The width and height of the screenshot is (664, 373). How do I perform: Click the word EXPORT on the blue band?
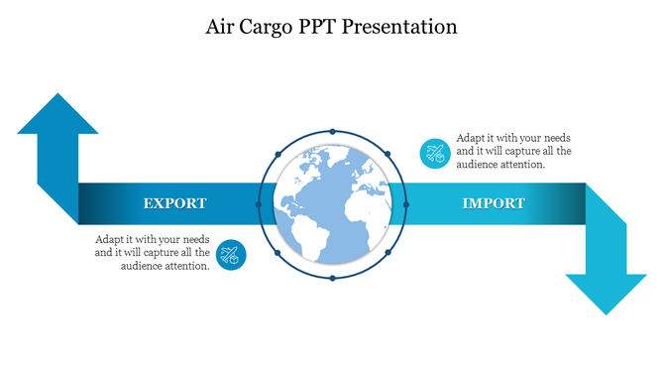(x=174, y=203)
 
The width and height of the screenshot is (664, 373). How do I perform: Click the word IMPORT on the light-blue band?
(x=494, y=203)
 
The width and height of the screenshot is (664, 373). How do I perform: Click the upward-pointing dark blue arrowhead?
(x=57, y=114)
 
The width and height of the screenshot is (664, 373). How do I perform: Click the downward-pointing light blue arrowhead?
(x=606, y=294)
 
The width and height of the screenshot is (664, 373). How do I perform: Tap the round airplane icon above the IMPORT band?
(x=434, y=152)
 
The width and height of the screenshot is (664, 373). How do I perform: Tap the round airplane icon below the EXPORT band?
(x=231, y=255)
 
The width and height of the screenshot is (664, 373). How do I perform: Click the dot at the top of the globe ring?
(x=332, y=130)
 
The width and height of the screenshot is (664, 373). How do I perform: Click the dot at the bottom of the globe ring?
(x=332, y=278)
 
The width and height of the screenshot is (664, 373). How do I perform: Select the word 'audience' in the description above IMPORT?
(x=479, y=165)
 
